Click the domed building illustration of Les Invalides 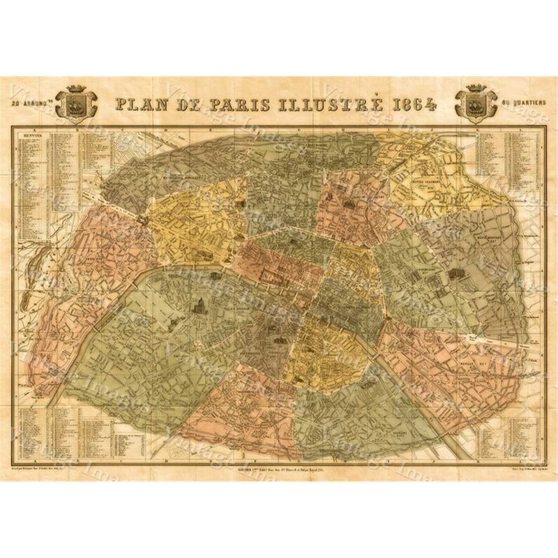[x=197, y=304]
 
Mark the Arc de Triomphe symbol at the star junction [x=144, y=218]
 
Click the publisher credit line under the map [x=279, y=472]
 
